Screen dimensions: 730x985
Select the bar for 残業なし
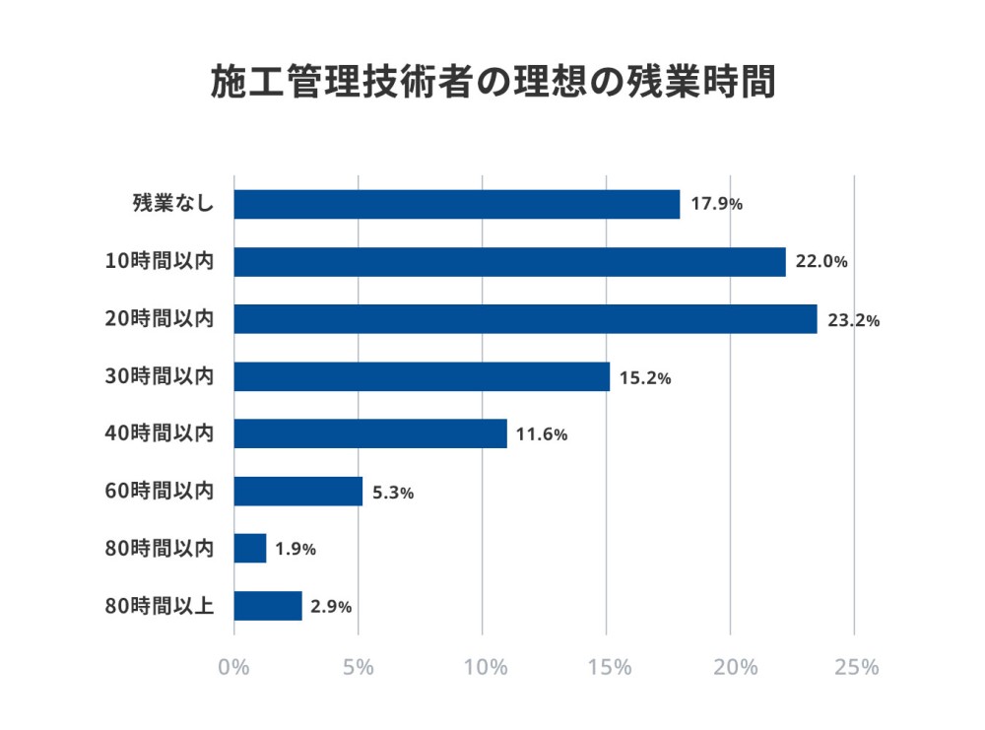[457, 204]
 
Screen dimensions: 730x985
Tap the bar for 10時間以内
[509, 262]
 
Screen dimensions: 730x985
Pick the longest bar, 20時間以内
[525, 319]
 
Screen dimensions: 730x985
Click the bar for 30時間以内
[422, 376]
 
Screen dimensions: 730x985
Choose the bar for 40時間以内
[370, 433]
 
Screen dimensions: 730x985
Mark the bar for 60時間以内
[298, 491]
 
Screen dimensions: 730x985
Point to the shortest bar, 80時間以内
[250, 549]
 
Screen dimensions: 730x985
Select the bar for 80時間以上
[268, 606]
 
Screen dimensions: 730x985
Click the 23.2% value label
[853, 320]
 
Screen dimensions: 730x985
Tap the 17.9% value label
[716, 205]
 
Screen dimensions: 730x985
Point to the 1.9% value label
[295, 550]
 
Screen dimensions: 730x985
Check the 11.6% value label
[542, 434]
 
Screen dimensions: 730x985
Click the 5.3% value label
[393, 492]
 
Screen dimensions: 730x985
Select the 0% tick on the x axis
[234, 667]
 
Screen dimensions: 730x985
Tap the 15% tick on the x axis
[607, 667]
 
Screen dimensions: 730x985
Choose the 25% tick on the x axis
[855, 667]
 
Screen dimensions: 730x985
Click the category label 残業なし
[173, 204]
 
